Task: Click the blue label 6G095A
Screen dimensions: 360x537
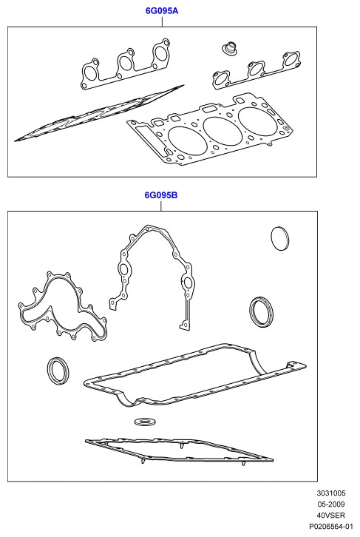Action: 162,10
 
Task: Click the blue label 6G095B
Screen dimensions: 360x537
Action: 161,195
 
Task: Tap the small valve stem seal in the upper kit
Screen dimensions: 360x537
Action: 228,49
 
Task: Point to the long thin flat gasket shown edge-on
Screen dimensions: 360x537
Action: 99,112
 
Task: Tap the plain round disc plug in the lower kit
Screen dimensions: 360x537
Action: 280,238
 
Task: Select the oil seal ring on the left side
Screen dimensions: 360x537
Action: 50,371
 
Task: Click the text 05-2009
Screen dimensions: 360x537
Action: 331,504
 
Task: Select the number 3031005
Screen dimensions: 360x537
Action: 331,493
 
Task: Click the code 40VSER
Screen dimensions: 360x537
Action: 331,515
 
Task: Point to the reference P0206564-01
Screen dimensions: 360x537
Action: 331,526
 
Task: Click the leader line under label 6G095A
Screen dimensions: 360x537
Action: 162,21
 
